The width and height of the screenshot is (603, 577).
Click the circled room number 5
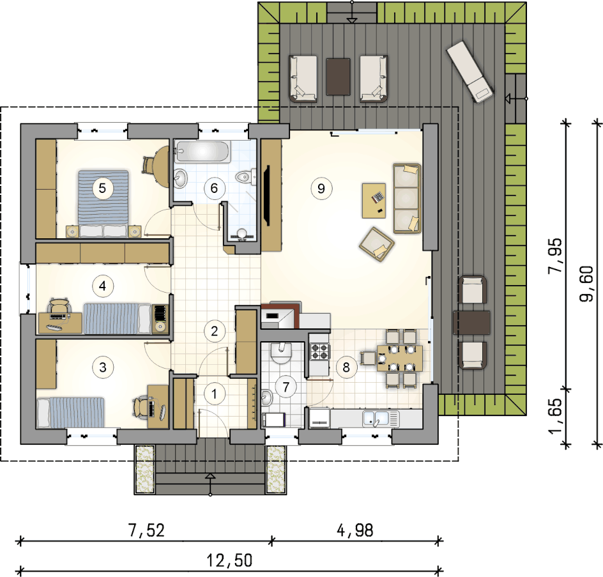[x=102, y=188]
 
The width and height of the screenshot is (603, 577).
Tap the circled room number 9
[x=321, y=188]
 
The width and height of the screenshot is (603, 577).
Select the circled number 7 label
[x=286, y=387]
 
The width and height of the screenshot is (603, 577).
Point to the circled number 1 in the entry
[x=214, y=394]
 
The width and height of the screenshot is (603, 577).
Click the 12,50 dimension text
[x=229, y=560]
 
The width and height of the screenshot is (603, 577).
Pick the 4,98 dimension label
[x=355, y=530]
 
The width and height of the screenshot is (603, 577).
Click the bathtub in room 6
[x=202, y=151]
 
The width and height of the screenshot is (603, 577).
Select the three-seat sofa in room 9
[x=407, y=199]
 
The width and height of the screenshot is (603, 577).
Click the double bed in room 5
[x=103, y=203]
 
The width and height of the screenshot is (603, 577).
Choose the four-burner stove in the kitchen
[x=320, y=351]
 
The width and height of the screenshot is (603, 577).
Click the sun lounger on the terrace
[x=470, y=72]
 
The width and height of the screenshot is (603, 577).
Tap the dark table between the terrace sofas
[x=338, y=77]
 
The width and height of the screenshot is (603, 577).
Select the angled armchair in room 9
[x=377, y=244]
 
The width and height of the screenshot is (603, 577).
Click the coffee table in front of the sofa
[x=374, y=201]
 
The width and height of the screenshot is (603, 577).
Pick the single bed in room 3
[x=70, y=412]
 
